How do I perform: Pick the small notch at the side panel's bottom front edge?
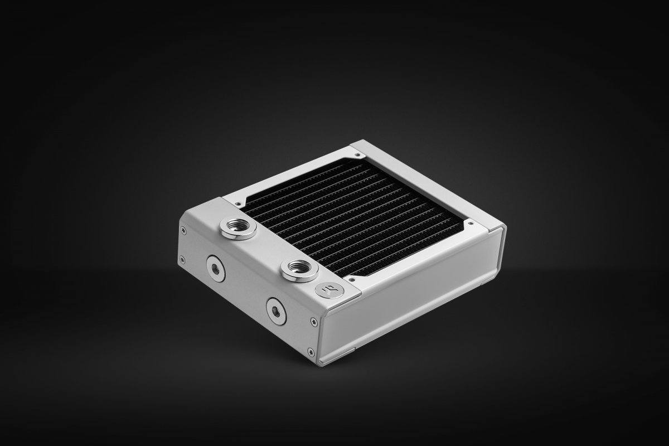(345, 351)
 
